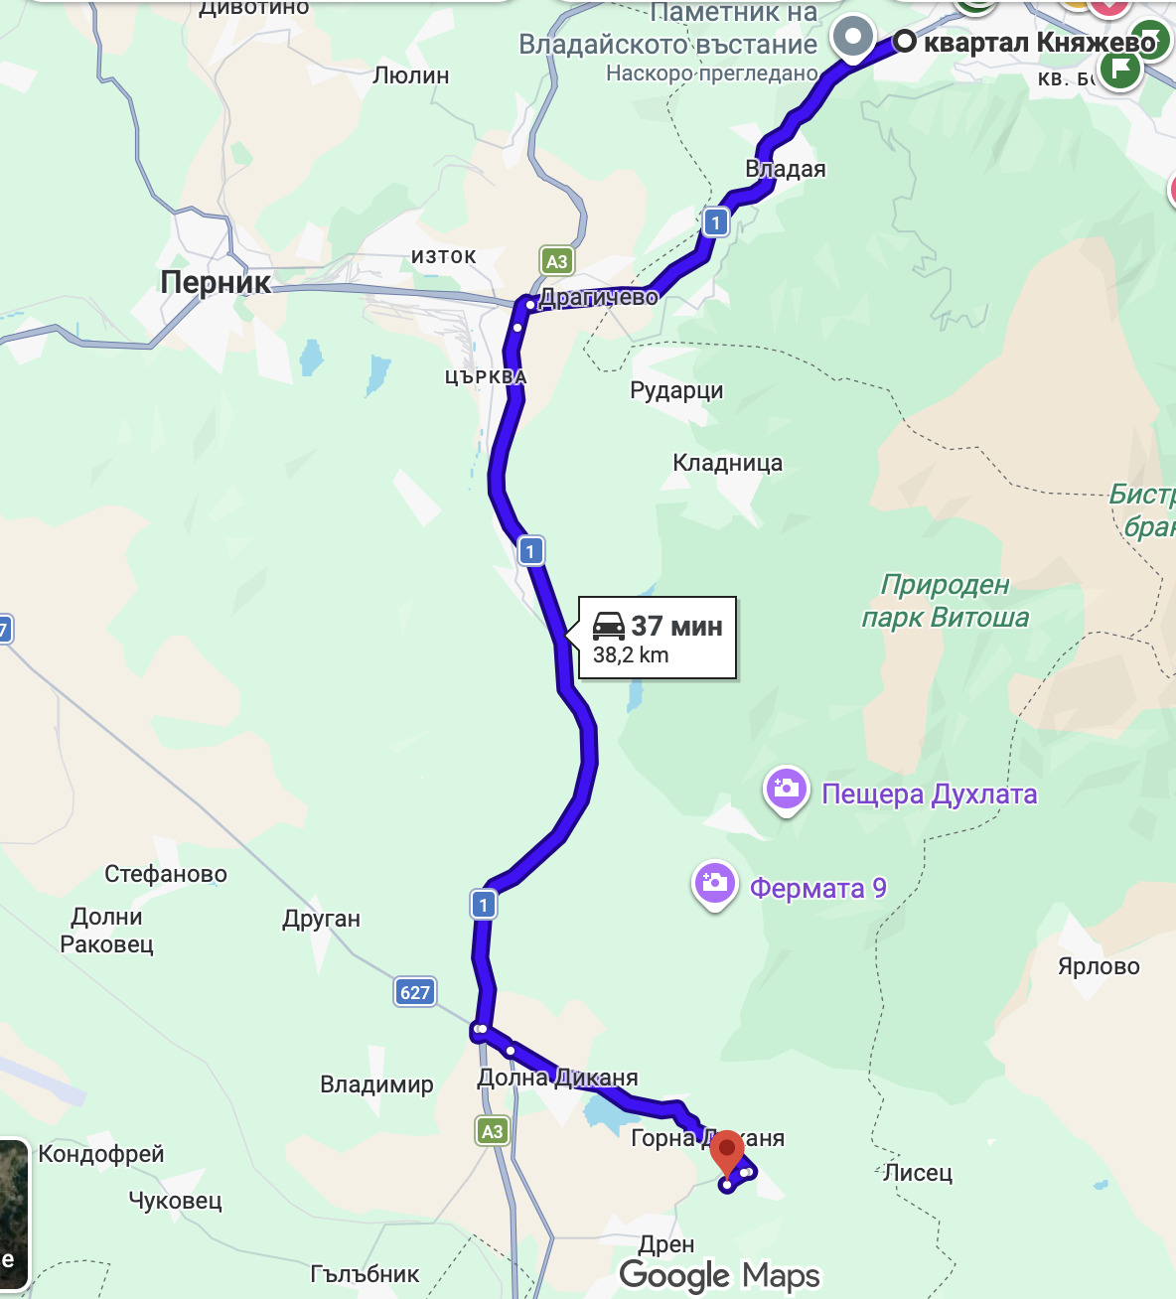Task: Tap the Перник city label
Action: point(216,282)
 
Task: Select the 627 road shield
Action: point(415,992)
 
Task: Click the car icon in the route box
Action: point(609,626)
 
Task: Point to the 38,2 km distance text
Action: point(631,655)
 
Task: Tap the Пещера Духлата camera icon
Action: point(786,790)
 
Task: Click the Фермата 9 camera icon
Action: point(714,883)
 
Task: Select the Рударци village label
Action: point(676,390)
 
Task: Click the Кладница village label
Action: point(727,463)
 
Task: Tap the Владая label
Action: point(786,169)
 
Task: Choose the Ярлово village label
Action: point(1099,966)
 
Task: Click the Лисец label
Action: point(918,1173)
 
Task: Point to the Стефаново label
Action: point(166,874)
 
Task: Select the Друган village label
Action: point(321,919)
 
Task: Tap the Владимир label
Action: point(376,1084)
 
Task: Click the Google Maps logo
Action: point(719,1275)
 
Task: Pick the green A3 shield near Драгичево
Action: point(556,261)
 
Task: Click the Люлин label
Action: point(410,75)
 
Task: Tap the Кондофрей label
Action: point(101,1154)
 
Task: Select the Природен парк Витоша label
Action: point(945,601)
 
